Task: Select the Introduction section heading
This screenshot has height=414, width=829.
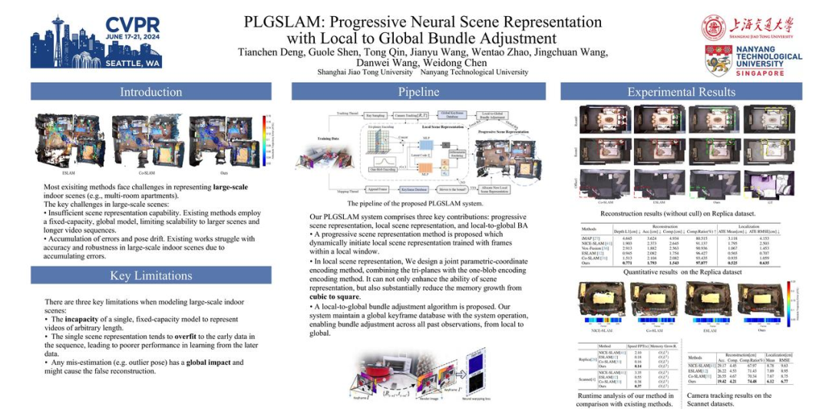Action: tap(150, 92)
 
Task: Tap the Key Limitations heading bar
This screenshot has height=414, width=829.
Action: tap(150, 276)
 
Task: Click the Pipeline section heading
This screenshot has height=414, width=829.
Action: tap(418, 92)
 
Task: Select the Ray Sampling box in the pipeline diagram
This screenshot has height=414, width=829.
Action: tap(376, 114)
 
